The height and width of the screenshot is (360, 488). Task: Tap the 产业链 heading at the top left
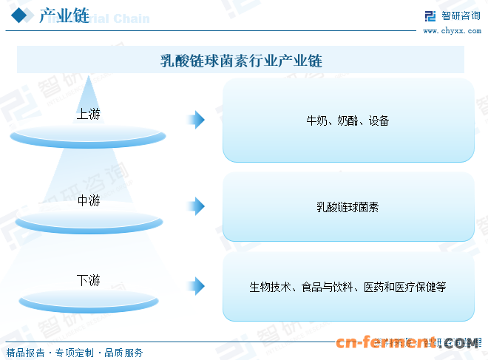(64, 17)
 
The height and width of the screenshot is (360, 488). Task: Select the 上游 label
(88, 114)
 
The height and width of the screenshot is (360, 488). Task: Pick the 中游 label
(88, 200)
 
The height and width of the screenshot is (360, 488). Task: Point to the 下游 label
(88, 280)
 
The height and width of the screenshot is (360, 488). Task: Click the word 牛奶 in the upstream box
(317, 120)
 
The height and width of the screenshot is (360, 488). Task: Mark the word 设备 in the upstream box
(379, 120)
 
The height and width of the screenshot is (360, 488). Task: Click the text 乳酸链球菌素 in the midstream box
(348, 207)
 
